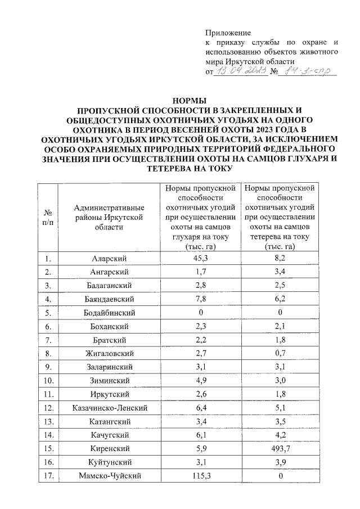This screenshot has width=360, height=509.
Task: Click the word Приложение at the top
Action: (228, 33)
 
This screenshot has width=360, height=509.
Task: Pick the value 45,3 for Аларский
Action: (201, 259)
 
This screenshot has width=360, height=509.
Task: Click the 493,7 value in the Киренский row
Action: (280, 449)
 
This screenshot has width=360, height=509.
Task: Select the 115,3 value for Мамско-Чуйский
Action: (201, 476)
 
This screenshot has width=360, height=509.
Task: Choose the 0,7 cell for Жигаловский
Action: (280, 354)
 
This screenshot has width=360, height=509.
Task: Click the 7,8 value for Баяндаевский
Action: (201, 299)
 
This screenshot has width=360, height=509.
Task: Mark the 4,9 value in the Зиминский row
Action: (201, 381)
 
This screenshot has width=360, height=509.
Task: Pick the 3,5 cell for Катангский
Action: (280, 421)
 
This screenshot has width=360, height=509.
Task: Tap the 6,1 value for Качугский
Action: (201, 435)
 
